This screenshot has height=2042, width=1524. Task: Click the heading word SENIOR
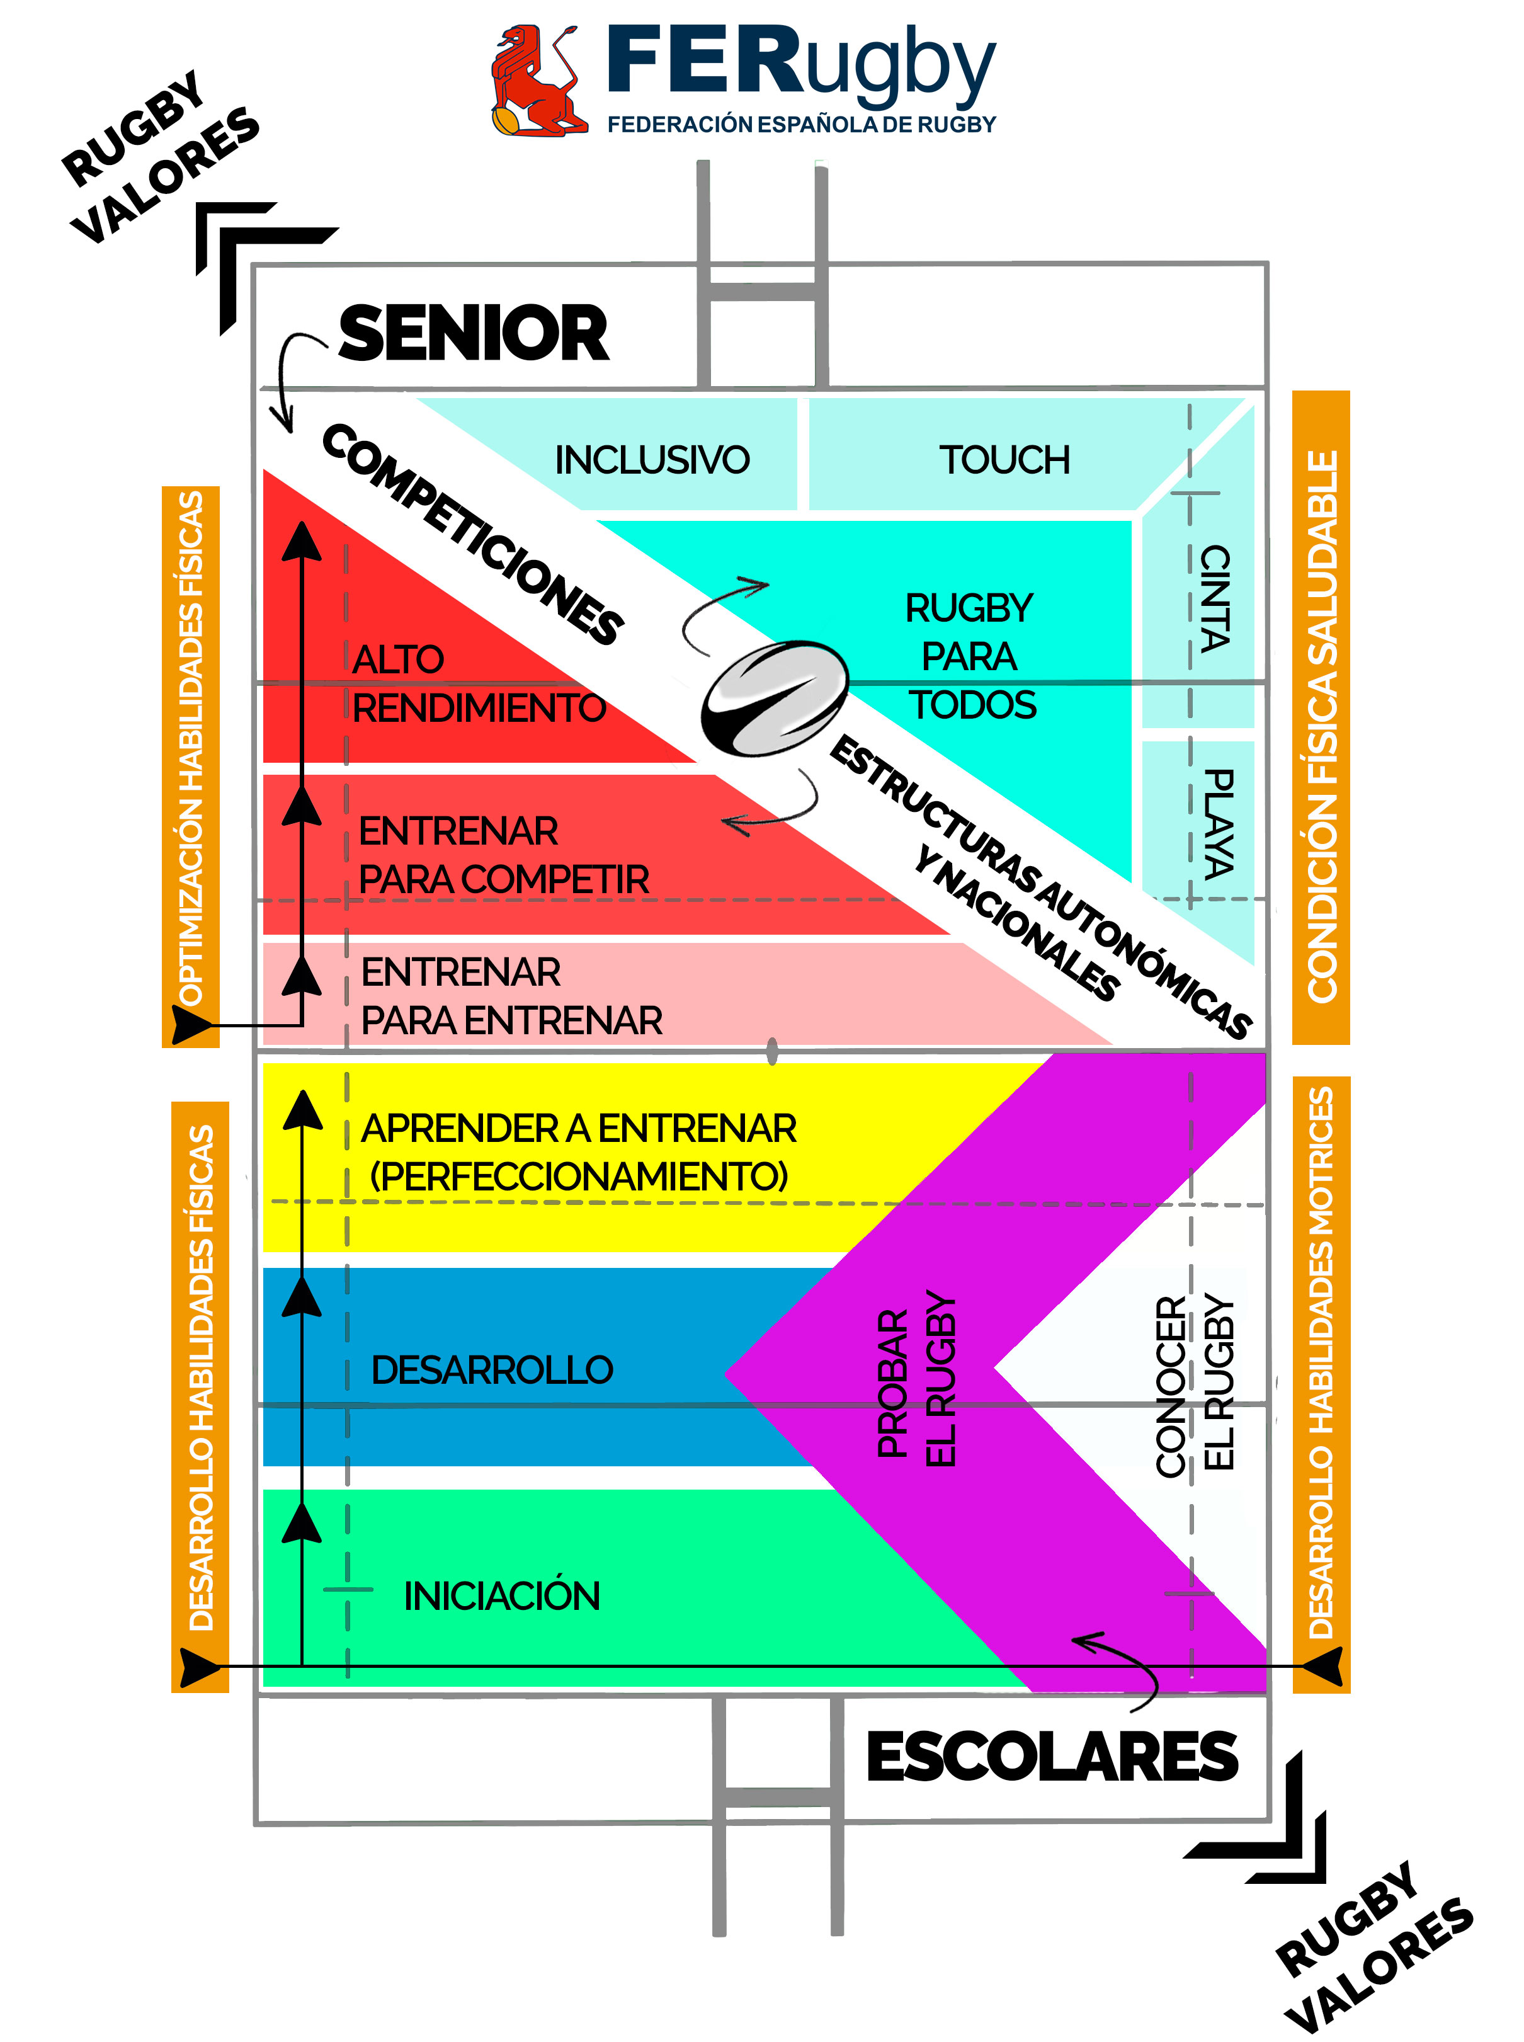coord(473,333)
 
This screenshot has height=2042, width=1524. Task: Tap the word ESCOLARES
coord(1052,1756)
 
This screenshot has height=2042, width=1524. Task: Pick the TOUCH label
coord(1004,460)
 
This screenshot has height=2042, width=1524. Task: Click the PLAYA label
coord(1218,823)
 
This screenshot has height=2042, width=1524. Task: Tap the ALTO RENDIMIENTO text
coord(478,684)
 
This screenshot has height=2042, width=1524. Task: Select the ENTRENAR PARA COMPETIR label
coord(503,855)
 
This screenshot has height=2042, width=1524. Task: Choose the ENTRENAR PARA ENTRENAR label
coord(510,996)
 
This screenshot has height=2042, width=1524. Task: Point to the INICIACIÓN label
coord(502,1595)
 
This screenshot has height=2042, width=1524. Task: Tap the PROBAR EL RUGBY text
coord(917,1379)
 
